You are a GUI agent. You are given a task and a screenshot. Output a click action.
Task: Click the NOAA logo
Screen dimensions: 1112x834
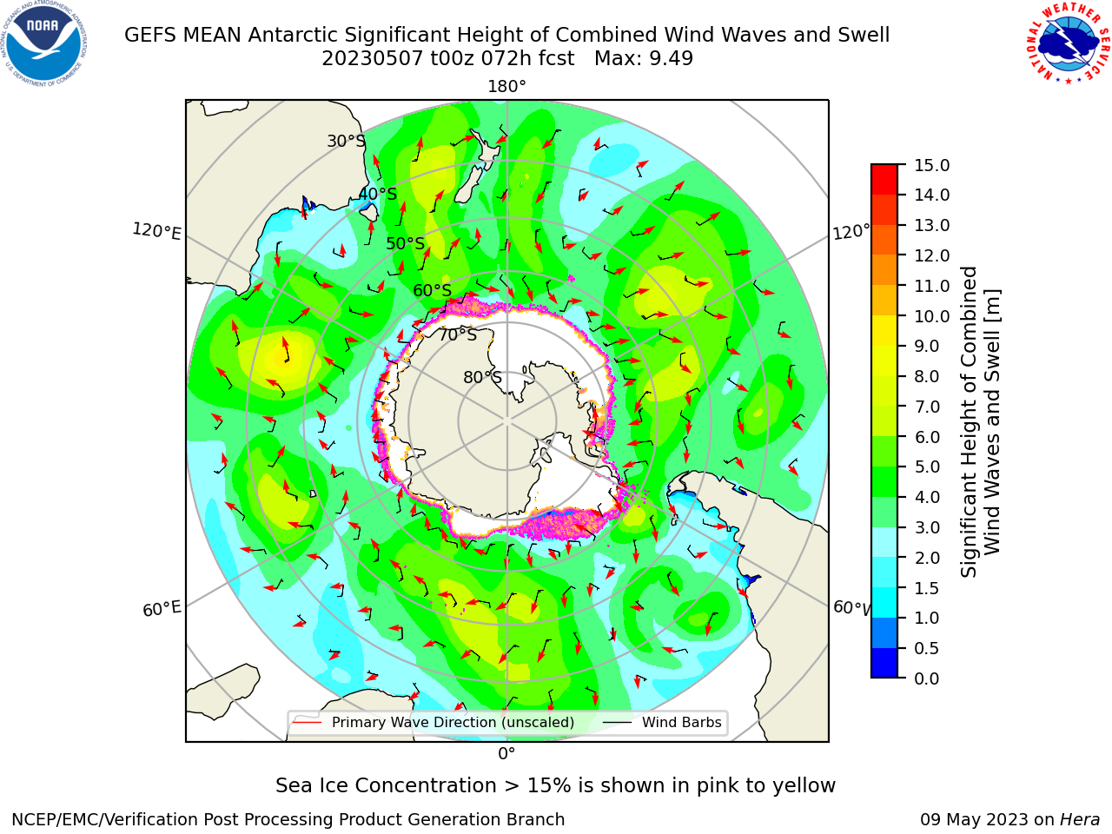click(x=44, y=43)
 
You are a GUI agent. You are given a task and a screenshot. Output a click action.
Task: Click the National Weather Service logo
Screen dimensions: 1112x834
click(x=1068, y=43)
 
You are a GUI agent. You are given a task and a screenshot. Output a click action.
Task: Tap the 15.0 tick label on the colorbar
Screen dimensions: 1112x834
click(x=931, y=165)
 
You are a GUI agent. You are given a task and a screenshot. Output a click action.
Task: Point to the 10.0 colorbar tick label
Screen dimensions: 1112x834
click(x=931, y=316)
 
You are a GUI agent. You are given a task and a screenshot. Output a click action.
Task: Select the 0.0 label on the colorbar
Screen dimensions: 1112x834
click(x=927, y=678)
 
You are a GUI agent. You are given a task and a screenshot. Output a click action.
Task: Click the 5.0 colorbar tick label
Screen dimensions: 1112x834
click(x=927, y=467)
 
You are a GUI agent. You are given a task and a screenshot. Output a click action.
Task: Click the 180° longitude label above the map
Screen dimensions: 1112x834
click(x=506, y=87)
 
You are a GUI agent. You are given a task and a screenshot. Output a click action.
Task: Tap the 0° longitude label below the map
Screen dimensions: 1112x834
click(x=506, y=754)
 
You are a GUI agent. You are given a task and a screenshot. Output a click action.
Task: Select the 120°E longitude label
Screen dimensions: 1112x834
click(x=156, y=231)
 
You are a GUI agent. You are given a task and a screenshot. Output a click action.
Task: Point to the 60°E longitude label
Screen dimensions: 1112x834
click(x=162, y=609)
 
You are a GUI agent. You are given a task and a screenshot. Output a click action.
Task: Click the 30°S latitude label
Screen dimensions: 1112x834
click(x=346, y=141)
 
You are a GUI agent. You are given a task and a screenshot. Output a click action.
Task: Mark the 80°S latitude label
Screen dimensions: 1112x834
click(x=482, y=377)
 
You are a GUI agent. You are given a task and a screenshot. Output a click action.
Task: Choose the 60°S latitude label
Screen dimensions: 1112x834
click(x=432, y=291)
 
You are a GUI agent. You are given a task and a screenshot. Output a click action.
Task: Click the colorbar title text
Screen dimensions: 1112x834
click(x=980, y=422)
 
